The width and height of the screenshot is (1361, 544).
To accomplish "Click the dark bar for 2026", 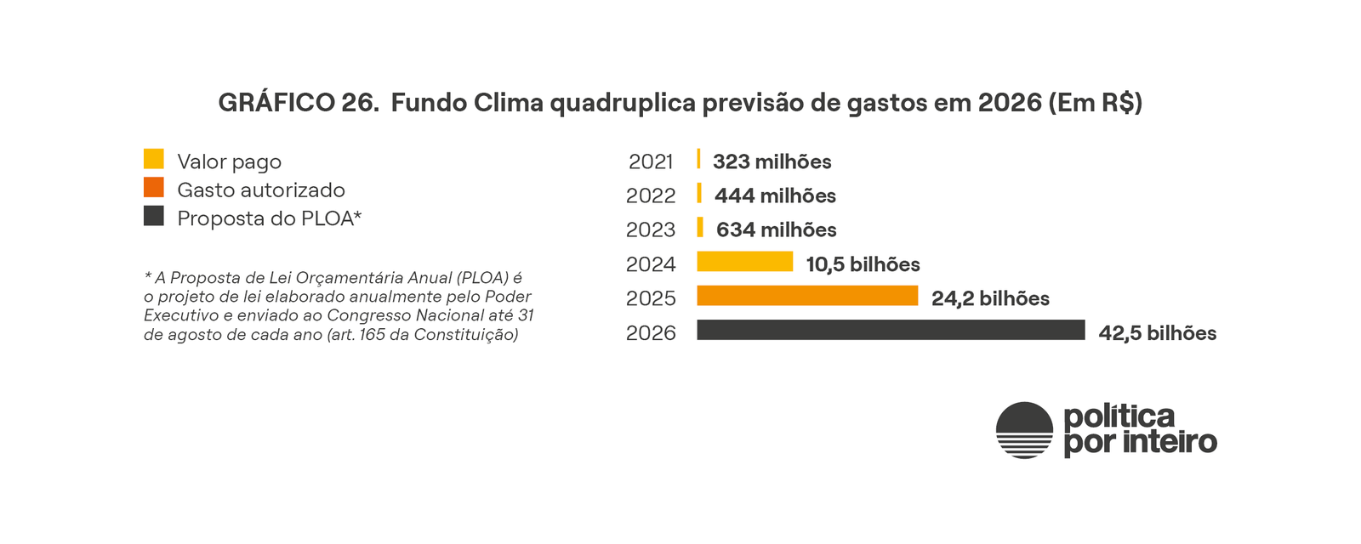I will pyautogui.click(x=891, y=330).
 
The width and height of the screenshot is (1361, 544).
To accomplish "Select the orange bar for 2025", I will pyautogui.click(x=807, y=296).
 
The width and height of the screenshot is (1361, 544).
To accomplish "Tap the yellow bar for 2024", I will pyautogui.click(x=744, y=262).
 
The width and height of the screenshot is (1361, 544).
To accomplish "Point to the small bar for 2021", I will pyautogui.click(x=698, y=159).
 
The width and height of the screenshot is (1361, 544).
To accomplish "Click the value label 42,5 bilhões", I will pyautogui.click(x=1157, y=333).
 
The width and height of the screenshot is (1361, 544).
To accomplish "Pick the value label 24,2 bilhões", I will pyautogui.click(x=990, y=299).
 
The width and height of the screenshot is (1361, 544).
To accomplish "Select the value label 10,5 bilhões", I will pyautogui.click(x=863, y=264).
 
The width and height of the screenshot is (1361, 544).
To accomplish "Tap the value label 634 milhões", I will pyautogui.click(x=776, y=230).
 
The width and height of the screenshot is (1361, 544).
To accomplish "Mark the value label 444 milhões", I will pyautogui.click(x=775, y=196).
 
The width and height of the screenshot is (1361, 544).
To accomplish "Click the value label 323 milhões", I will pyautogui.click(x=772, y=161).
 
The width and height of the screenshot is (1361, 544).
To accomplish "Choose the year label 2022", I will pyautogui.click(x=651, y=196).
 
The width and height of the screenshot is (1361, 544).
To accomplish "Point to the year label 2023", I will pyautogui.click(x=651, y=230).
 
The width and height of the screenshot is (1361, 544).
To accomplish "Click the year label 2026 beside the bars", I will pyautogui.click(x=651, y=333).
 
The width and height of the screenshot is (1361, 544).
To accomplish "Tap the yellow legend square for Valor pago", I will pyautogui.click(x=154, y=159).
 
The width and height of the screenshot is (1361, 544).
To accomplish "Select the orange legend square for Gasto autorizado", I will pyautogui.click(x=154, y=187).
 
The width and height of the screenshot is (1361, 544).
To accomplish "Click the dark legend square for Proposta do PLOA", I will pyautogui.click(x=154, y=216).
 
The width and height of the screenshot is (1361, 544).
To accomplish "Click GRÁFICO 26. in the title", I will pyautogui.click(x=299, y=103).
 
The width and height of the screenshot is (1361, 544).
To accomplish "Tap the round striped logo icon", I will pyautogui.click(x=1024, y=430).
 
